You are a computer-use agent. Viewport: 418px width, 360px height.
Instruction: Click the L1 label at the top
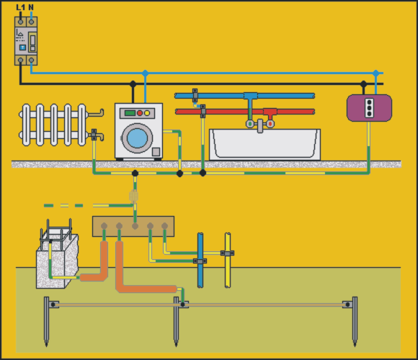click(20, 7)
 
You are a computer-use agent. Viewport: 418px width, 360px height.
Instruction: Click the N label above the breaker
click(31, 7)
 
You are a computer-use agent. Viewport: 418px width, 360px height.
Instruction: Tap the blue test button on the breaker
click(22, 48)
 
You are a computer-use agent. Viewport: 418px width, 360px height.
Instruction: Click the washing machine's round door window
click(137, 138)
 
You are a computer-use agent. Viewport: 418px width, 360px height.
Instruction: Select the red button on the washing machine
click(140, 113)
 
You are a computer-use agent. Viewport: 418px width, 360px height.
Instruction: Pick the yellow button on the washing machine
click(147, 113)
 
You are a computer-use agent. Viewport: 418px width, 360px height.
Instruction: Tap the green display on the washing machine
click(130, 113)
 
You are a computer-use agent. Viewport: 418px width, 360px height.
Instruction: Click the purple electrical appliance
click(369, 108)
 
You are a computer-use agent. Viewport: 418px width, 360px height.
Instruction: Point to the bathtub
click(264, 144)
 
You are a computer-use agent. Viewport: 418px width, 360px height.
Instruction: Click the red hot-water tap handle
click(270, 124)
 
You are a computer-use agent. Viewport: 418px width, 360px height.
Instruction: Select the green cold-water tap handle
click(250, 124)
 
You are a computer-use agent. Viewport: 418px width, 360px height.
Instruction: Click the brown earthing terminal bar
click(133, 226)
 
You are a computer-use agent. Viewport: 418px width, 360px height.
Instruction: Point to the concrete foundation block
click(58, 261)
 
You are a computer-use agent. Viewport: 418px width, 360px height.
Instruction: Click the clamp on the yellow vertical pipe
click(228, 253)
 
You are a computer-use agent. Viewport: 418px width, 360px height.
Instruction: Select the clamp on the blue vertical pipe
click(200, 261)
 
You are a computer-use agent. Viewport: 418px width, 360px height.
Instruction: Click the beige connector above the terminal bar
click(133, 197)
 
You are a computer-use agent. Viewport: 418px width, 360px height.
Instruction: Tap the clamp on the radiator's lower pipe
click(94, 135)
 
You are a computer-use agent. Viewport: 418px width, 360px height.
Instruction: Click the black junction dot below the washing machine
click(135, 174)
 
